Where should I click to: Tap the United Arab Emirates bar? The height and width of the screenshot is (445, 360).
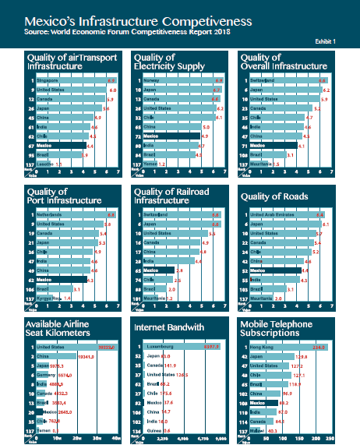[x=289, y=214]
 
